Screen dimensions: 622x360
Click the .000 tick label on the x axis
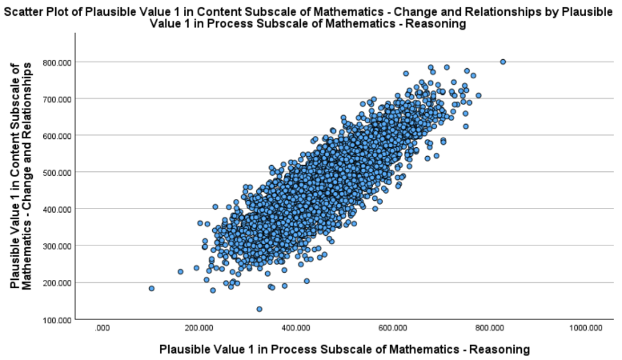click(102, 328)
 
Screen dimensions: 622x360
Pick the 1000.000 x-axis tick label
click(586, 328)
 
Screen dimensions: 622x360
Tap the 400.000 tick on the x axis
click(296, 328)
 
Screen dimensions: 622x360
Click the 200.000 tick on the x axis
click(199, 328)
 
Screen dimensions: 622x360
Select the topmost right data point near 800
click(503, 62)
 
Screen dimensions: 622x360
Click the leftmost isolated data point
click(151, 289)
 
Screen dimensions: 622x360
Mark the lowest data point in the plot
click(259, 310)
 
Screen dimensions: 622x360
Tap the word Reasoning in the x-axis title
click(500, 350)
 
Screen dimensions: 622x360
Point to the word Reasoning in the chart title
click(436, 24)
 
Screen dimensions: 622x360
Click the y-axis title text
click(21, 176)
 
